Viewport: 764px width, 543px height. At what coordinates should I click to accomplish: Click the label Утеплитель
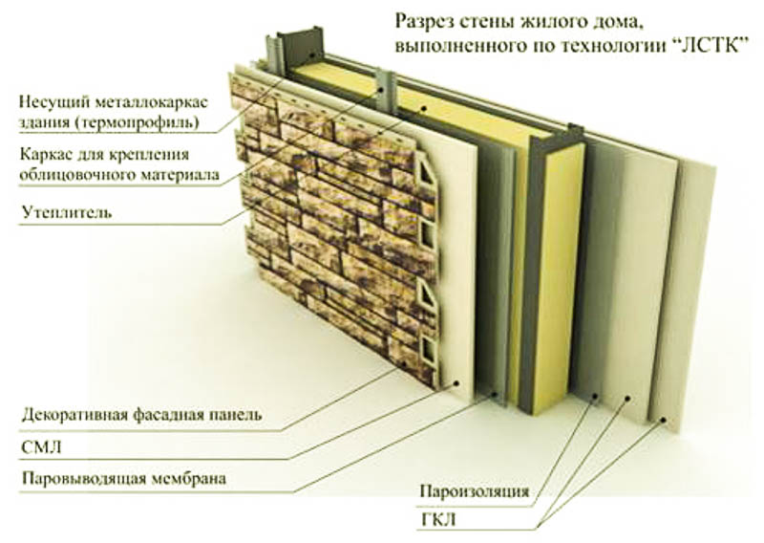[66, 212]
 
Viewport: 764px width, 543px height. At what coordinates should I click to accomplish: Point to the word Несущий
[48, 102]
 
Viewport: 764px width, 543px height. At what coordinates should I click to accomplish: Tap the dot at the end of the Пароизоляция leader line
[595, 395]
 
